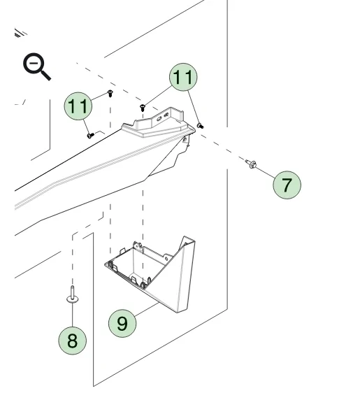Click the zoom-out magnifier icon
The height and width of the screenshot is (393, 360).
point(36,66)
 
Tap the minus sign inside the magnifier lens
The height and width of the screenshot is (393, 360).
point(34,63)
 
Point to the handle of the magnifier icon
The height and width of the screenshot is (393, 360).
point(45,75)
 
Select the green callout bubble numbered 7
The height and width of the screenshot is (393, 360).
point(287,185)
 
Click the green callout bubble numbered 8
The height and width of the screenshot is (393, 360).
point(73,341)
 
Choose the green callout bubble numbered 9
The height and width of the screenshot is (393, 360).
point(122,323)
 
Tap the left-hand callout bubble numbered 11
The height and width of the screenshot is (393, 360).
point(78,106)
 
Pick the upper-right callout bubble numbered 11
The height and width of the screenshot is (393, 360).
point(183,77)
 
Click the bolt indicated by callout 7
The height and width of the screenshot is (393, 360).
point(251,164)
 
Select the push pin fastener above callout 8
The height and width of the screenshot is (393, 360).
point(73,295)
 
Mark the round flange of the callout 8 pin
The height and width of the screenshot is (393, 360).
point(73,299)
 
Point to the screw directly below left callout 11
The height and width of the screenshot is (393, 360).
point(90,136)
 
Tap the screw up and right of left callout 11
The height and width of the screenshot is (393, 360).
point(110,94)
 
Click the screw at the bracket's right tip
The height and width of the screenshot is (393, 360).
point(200,126)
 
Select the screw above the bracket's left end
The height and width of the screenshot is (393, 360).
point(143,108)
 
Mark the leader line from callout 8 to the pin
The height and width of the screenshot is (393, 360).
point(73,315)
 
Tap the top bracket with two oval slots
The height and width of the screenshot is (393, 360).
point(158,122)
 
